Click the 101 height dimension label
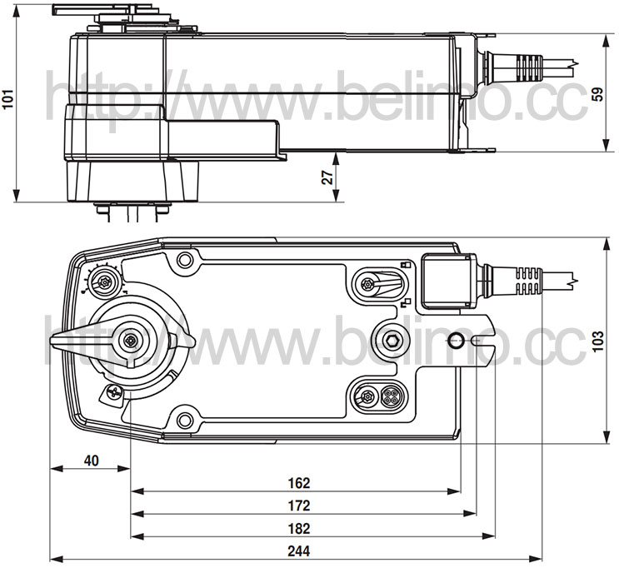point(8,99)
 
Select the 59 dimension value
point(599,94)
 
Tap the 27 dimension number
point(327,177)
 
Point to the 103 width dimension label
point(599,341)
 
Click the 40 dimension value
point(91,461)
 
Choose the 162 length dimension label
point(299,483)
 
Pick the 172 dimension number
point(299,506)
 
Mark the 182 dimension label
point(299,528)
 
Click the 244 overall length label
point(299,551)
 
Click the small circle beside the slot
point(454,340)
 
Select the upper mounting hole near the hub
point(184,260)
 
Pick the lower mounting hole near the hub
point(184,420)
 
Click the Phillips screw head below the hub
point(113,392)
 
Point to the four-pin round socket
point(390,396)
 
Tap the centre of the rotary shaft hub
point(129,341)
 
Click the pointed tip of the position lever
point(51,341)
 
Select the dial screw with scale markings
point(105,282)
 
